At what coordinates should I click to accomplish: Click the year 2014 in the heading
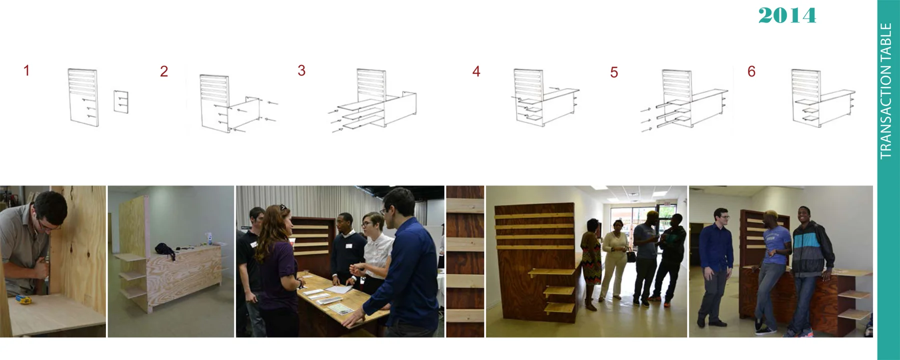pos(787,15)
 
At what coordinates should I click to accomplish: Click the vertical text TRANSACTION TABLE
pos(886,91)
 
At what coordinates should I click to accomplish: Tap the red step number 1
pos(26,70)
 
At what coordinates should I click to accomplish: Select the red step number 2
pos(164,71)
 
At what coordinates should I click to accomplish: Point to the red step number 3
pos(301,70)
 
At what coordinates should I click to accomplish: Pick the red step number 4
pos(476,71)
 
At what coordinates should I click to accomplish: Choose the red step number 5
pos(614,72)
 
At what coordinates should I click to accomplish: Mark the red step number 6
pos(751,71)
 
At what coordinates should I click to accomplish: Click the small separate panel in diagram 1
pos(121,101)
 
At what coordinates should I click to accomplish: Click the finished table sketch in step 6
pos(823,97)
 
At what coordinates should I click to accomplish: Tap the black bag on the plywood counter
pos(164,249)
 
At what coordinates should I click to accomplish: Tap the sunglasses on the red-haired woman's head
pos(282,206)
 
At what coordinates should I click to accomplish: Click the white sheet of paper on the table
pos(339,288)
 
